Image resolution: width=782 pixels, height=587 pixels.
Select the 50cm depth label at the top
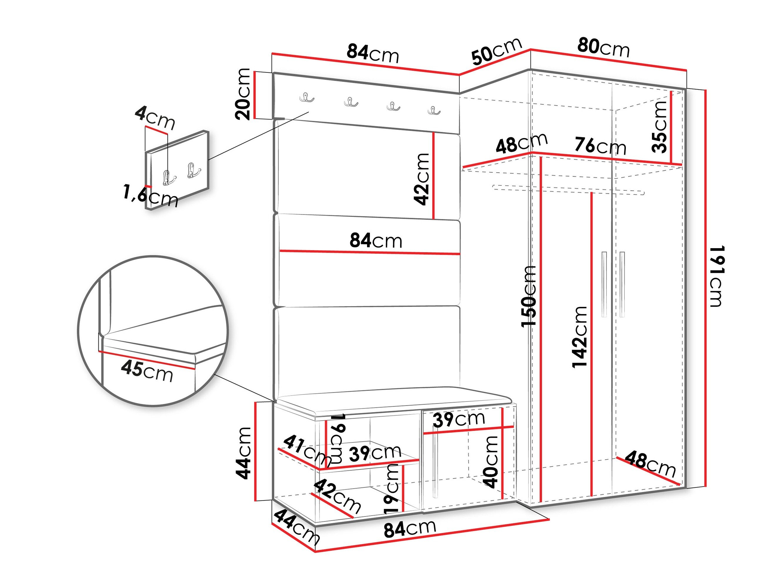(497, 51)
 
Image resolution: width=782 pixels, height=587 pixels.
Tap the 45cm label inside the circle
(147, 372)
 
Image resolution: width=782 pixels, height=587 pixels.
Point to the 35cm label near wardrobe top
(659, 127)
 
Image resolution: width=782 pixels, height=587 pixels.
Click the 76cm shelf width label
(600, 145)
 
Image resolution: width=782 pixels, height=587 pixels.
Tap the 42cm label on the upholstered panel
(421, 179)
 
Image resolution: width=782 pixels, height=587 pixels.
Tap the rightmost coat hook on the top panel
(434, 110)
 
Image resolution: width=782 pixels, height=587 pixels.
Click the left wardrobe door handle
(604, 284)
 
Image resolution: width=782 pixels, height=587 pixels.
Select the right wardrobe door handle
(622, 284)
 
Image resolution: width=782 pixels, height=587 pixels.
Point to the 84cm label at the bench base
(410, 529)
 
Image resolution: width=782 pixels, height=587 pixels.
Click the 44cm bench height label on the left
(243, 453)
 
